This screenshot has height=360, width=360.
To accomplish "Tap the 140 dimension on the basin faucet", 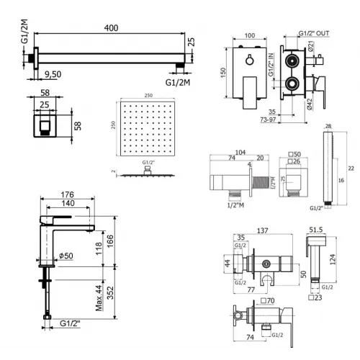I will (68, 204).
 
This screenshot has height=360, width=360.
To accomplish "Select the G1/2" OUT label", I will (315, 34).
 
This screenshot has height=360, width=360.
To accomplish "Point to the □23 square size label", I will (318, 296).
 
